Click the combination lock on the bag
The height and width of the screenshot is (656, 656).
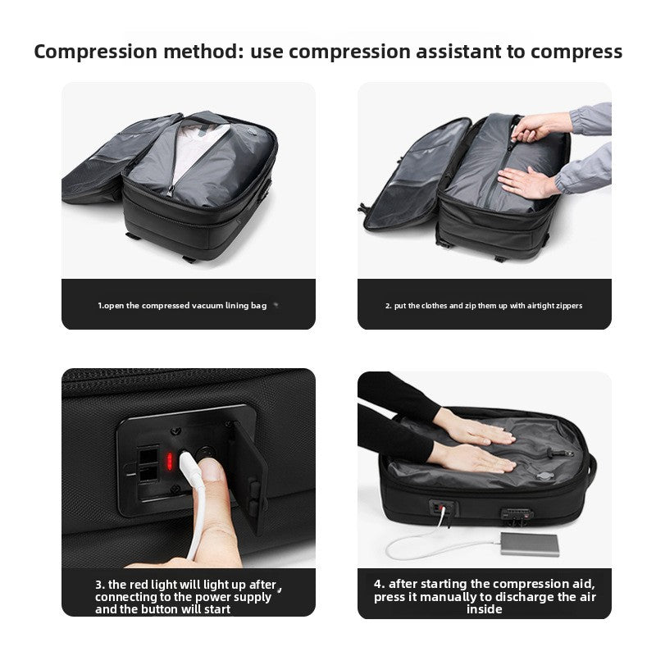point(517,515)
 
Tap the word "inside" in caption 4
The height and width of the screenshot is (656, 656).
point(484,609)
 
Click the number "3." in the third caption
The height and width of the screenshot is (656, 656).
point(100,584)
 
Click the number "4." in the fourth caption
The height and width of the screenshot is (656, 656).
point(380,584)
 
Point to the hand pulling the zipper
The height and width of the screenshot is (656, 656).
point(541,125)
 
